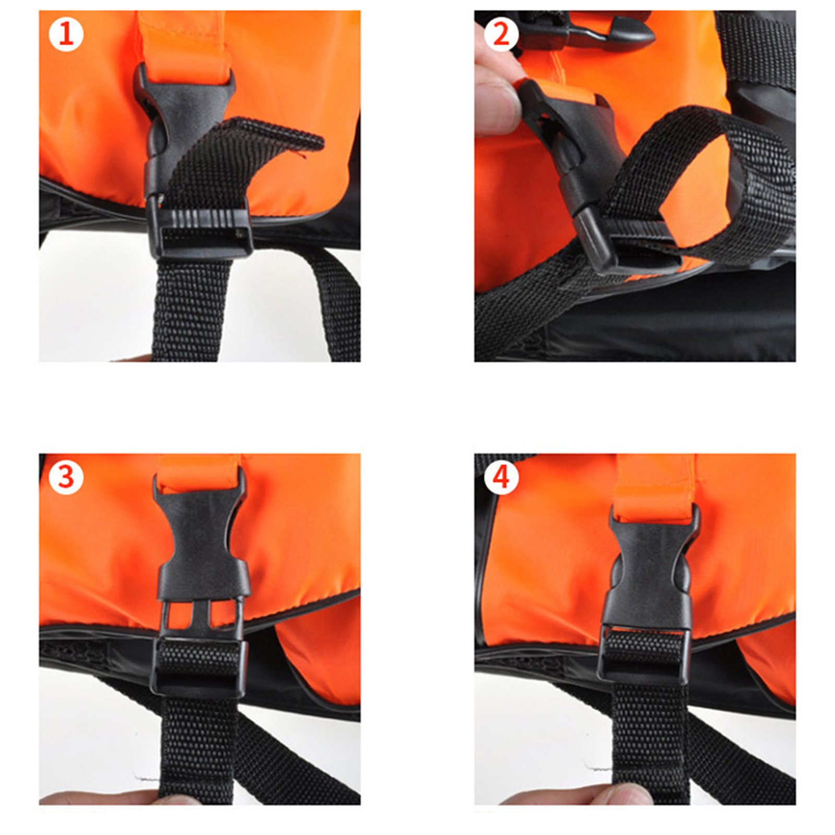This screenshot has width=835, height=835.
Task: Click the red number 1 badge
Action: (66, 35)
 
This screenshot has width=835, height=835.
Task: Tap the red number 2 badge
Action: (501, 35)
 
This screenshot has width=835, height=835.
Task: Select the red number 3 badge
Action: (66, 478)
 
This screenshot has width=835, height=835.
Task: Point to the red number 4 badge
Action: (501, 478)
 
